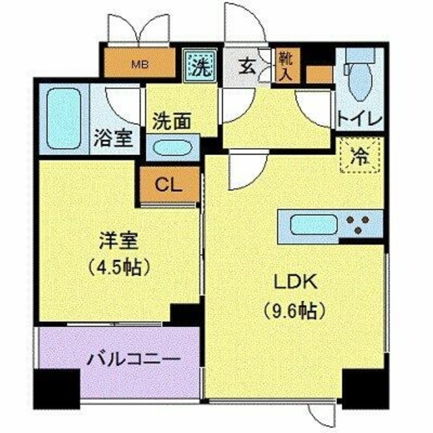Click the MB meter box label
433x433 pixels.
[x=141, y=65]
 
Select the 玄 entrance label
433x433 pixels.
[x=247, y=66]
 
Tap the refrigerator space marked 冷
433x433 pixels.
[x=360, y=156]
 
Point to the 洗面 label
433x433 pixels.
[x=170, y=121]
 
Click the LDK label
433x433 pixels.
[x=295, y=281]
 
